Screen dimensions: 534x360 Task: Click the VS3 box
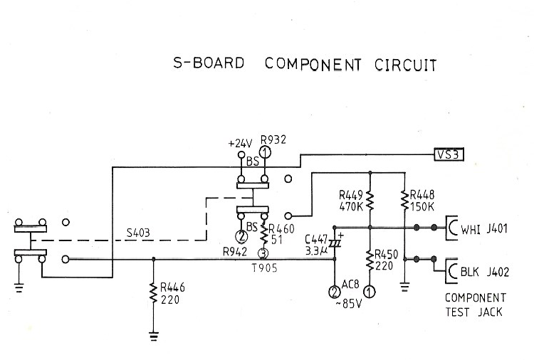pyautogui.click(x=449, y=155)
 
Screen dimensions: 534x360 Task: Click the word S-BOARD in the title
pyautogui.click(x=209, y=63)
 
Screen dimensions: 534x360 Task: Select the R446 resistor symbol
pyautogui.click(x=153, y=294)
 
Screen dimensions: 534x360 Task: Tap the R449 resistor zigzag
pyautogui.click(x=370, y=201)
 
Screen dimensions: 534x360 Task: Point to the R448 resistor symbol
pyautogui.click(x=404, y=200)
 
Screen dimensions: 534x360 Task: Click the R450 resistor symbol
pyautogui.click(x=370, y=260)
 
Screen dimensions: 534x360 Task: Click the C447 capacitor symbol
pyautogui.click(x=335, y=243)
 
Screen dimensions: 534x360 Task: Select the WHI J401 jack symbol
pyautogui.click(x=452, y=228)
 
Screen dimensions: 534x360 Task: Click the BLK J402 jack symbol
pyautogui.click(x=452, y=271)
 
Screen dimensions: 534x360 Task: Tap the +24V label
pyautogui.click(x=240, y=144)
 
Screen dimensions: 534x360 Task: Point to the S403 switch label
pyautogui.click(x=138, y=233)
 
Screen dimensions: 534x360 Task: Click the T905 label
pyautogui.click(x=265, y=268)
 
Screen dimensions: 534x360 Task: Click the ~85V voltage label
pyautogui.click(x=349, y=304)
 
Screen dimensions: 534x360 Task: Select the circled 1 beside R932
pyautogui.click(x=266, y=152)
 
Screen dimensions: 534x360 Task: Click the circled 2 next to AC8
pyautogui.click(x=335, y=292)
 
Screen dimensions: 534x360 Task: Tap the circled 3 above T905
pyautogui.click(x=263, y=253)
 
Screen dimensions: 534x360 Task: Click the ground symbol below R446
pyautogui.click(x=154, y=336)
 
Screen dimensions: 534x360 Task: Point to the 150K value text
pyautogui.click(x=422, y=206)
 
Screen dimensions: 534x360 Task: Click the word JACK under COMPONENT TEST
pyautogui.click(x=490, y=312)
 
